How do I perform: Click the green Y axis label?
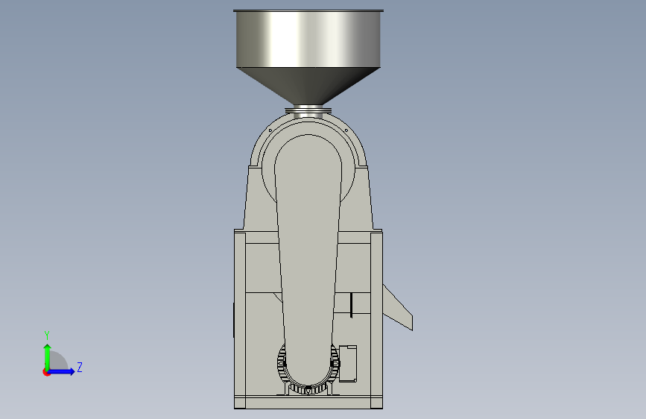click(47, 335)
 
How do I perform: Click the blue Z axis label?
click(80, 367)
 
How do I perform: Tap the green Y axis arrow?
click(48, 357)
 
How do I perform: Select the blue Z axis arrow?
click(61, 371)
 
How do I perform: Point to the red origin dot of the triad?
click(46, 372)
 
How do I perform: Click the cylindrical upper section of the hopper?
click(308, 40)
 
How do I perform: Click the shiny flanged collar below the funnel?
click(308, 110)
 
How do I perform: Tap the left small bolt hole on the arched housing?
click(270, 130)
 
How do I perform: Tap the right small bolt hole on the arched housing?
click(346, 130)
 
